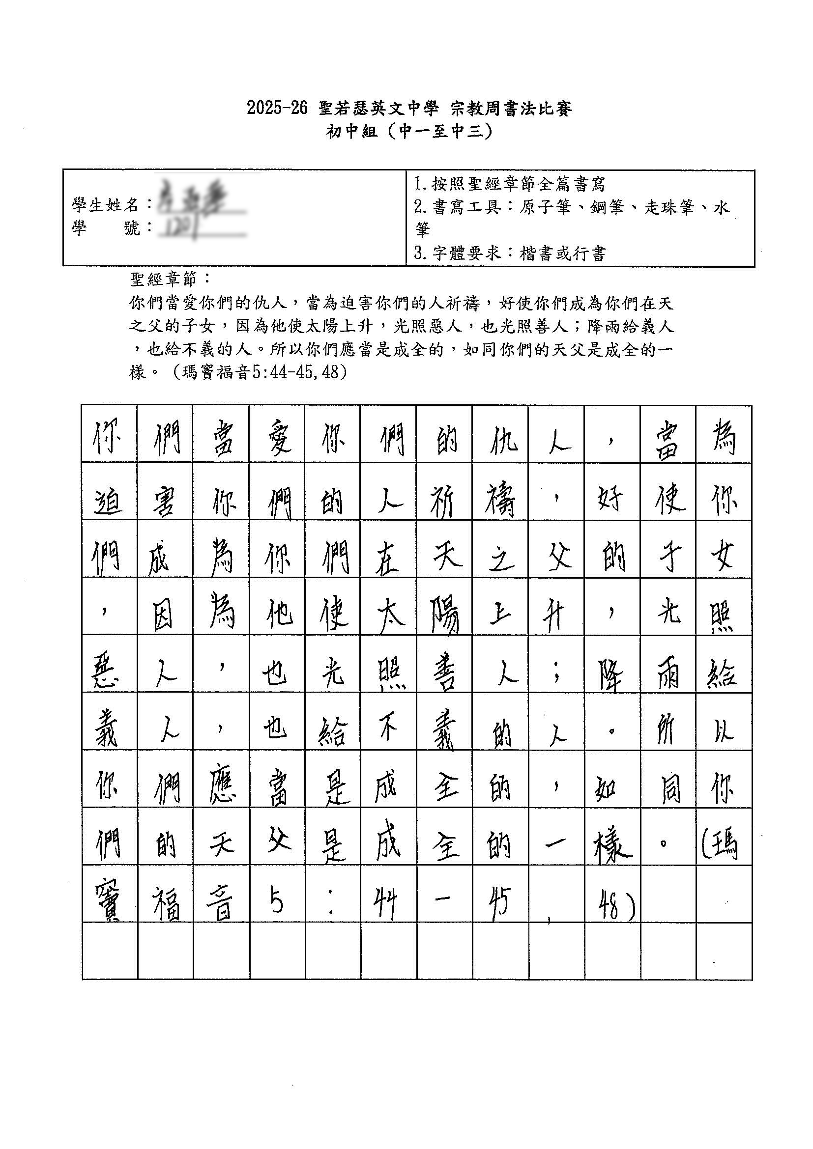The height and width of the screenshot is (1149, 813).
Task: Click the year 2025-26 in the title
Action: coord(276,108)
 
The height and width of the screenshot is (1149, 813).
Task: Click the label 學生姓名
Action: coord(106,204)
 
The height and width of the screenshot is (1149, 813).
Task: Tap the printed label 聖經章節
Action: coord(165,279)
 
